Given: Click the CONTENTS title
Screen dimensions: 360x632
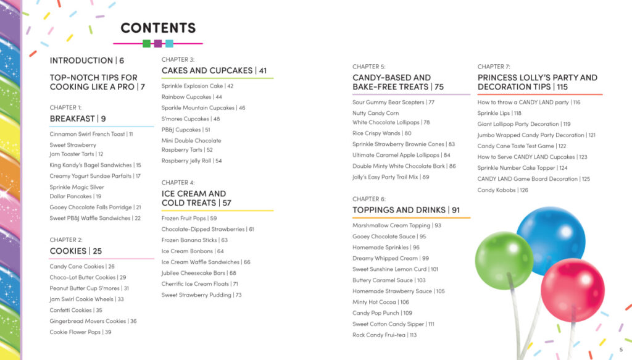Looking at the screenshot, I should coord(158,28).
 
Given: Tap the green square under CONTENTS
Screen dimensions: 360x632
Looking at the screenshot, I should coord(146,43).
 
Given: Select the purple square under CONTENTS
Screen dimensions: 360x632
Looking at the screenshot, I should coord(158,43).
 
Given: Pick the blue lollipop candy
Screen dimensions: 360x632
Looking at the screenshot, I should coord(551,240).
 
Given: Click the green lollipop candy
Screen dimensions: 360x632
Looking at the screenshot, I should coord(504,261).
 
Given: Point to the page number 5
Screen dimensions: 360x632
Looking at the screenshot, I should coord(621,350).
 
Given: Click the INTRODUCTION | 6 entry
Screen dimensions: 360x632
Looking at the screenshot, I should coord(87,61).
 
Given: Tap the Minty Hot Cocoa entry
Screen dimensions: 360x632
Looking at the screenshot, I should coord(381,303).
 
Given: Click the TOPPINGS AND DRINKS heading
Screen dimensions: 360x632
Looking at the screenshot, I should coord(406,210).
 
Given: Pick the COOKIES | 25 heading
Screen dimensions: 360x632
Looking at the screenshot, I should coord(76,251).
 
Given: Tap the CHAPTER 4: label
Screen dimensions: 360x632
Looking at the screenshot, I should coord(178,183).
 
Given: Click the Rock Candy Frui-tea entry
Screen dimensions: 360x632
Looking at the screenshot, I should coord(385,335).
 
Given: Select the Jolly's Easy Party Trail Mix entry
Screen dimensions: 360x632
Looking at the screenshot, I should coord(391,177).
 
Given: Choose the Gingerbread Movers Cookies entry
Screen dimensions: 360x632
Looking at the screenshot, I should coord(93,321).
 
